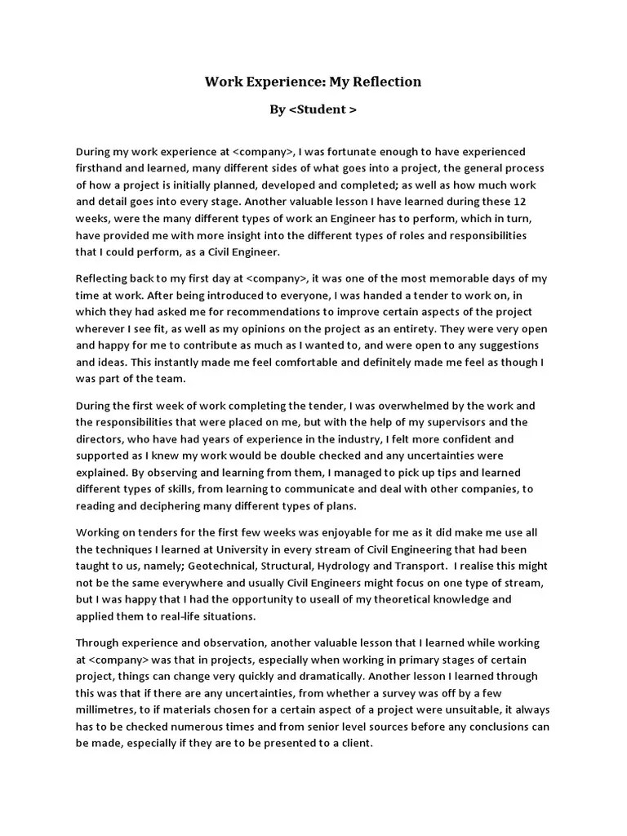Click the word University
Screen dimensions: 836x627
pyautogui.click(x=254, y=549)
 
